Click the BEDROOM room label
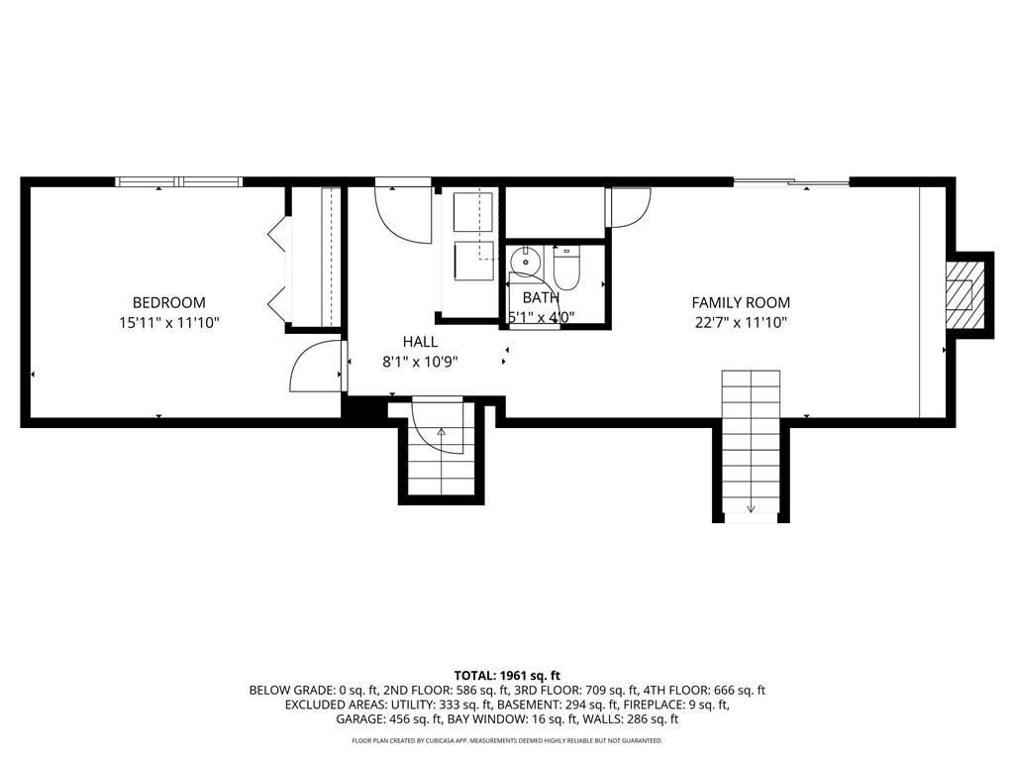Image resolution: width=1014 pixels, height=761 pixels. click(169, 302)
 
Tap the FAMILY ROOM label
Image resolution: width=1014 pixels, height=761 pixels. click(741, 302)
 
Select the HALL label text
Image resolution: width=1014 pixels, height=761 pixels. click(420, 342)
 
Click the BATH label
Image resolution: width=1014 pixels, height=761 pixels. click(541, 297)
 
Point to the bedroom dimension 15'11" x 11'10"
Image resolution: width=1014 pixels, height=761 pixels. click(169, 322)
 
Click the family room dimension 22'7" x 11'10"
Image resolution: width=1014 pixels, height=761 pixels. click(741, 322)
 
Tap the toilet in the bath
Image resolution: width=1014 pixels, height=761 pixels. click(565, 267)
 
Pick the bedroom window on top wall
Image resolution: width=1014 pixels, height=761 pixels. click(179, 181)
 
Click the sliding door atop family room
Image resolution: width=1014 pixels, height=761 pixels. click(791, 181)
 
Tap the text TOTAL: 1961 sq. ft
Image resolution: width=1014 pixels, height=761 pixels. click(507, 673)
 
